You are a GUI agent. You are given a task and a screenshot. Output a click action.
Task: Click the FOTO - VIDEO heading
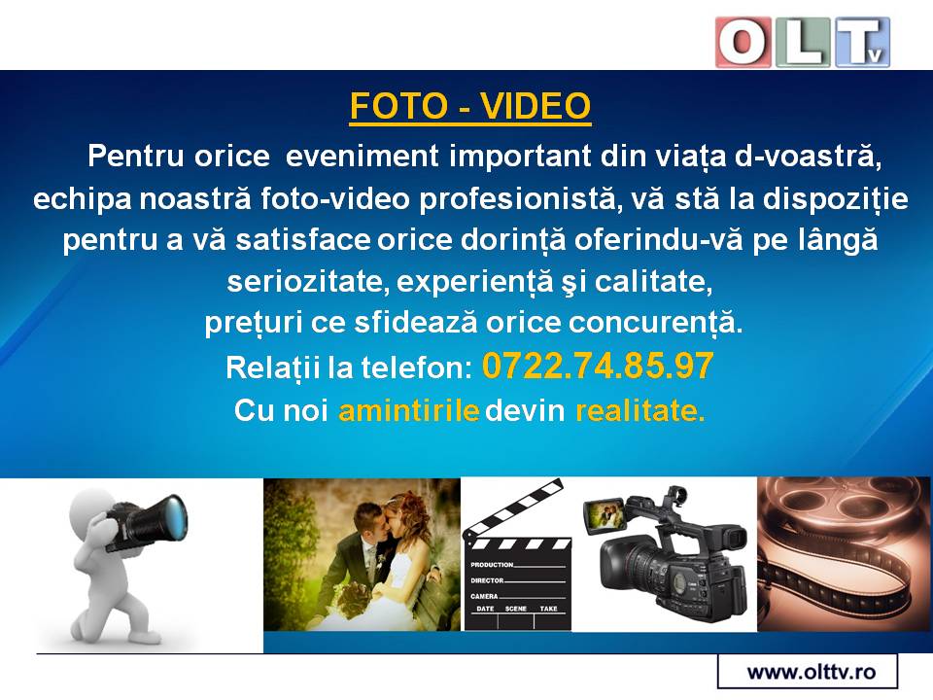(x=470, y=106)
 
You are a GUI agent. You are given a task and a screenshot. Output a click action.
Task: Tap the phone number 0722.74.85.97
(x=598, y=366)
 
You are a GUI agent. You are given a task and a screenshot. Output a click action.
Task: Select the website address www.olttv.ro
(x=811, y=672)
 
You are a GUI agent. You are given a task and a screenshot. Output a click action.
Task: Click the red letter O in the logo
(x=743, y=42)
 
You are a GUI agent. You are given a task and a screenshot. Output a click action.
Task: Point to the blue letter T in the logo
(x=862, y=42)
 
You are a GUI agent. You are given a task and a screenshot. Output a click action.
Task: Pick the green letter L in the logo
(x=804, y=42)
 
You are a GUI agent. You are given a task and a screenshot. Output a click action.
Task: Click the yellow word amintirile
(x=409, y=410)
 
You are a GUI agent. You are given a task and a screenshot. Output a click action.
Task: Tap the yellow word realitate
(x=640, y=410)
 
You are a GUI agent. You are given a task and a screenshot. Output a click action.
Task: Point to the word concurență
(x=656, y=323)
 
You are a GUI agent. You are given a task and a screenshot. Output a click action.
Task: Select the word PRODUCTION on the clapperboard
(x=492, y=564)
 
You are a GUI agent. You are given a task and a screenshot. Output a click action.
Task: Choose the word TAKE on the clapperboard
(x=548, y=609)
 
